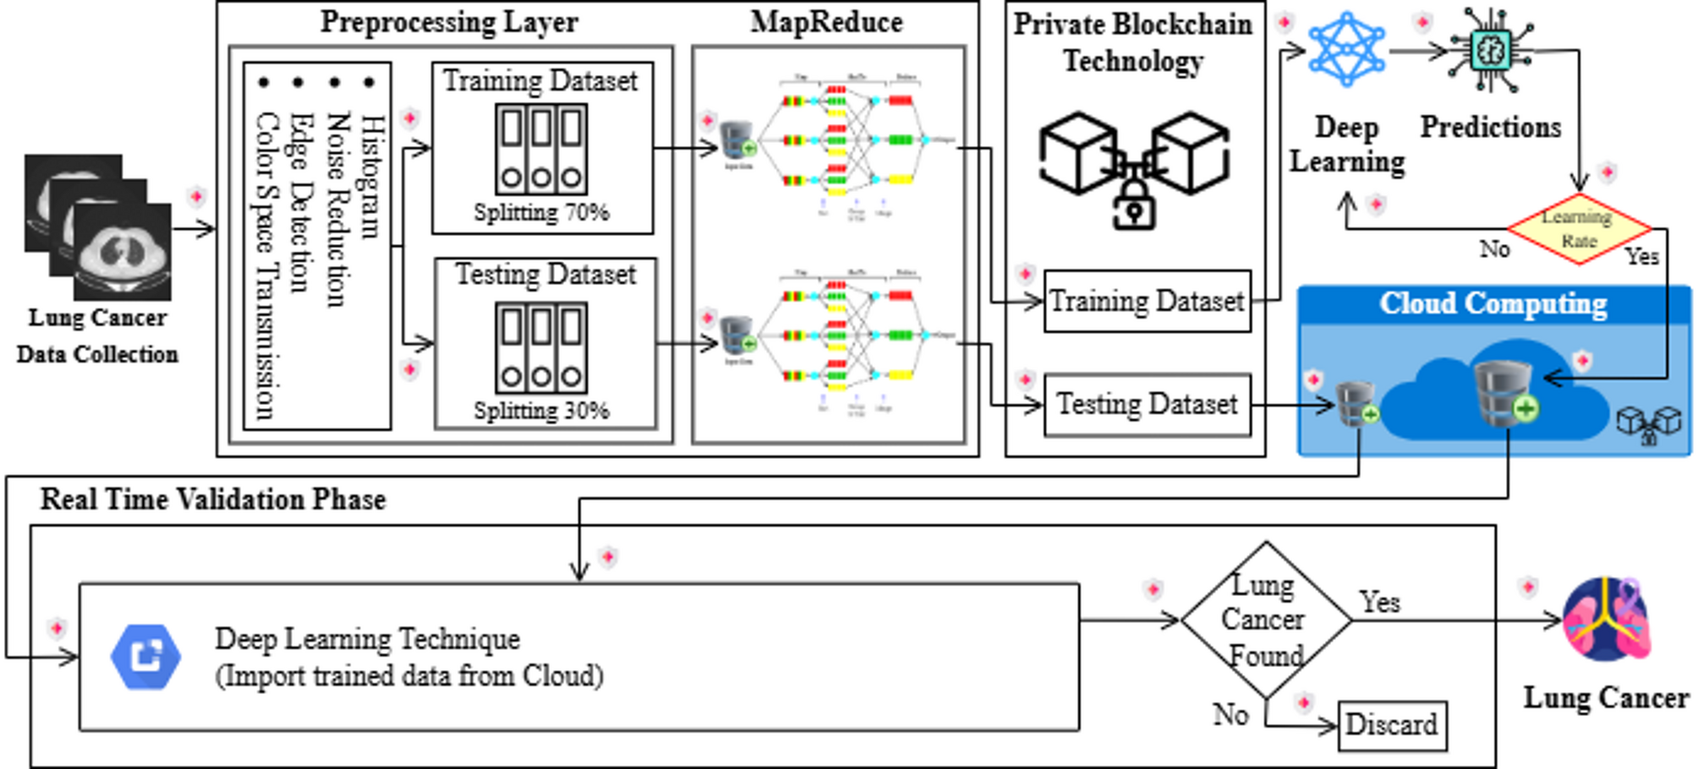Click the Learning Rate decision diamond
1579,228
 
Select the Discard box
1391,724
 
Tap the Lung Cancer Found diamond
1265,620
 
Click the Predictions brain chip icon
1491,51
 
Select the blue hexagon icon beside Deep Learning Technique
145,657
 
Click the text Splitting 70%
541,212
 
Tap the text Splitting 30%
541,411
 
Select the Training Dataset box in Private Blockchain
1147,301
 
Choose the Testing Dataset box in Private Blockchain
1147,405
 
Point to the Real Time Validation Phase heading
213,499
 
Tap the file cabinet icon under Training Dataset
541,150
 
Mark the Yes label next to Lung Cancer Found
1379,602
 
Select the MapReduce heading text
826,22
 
